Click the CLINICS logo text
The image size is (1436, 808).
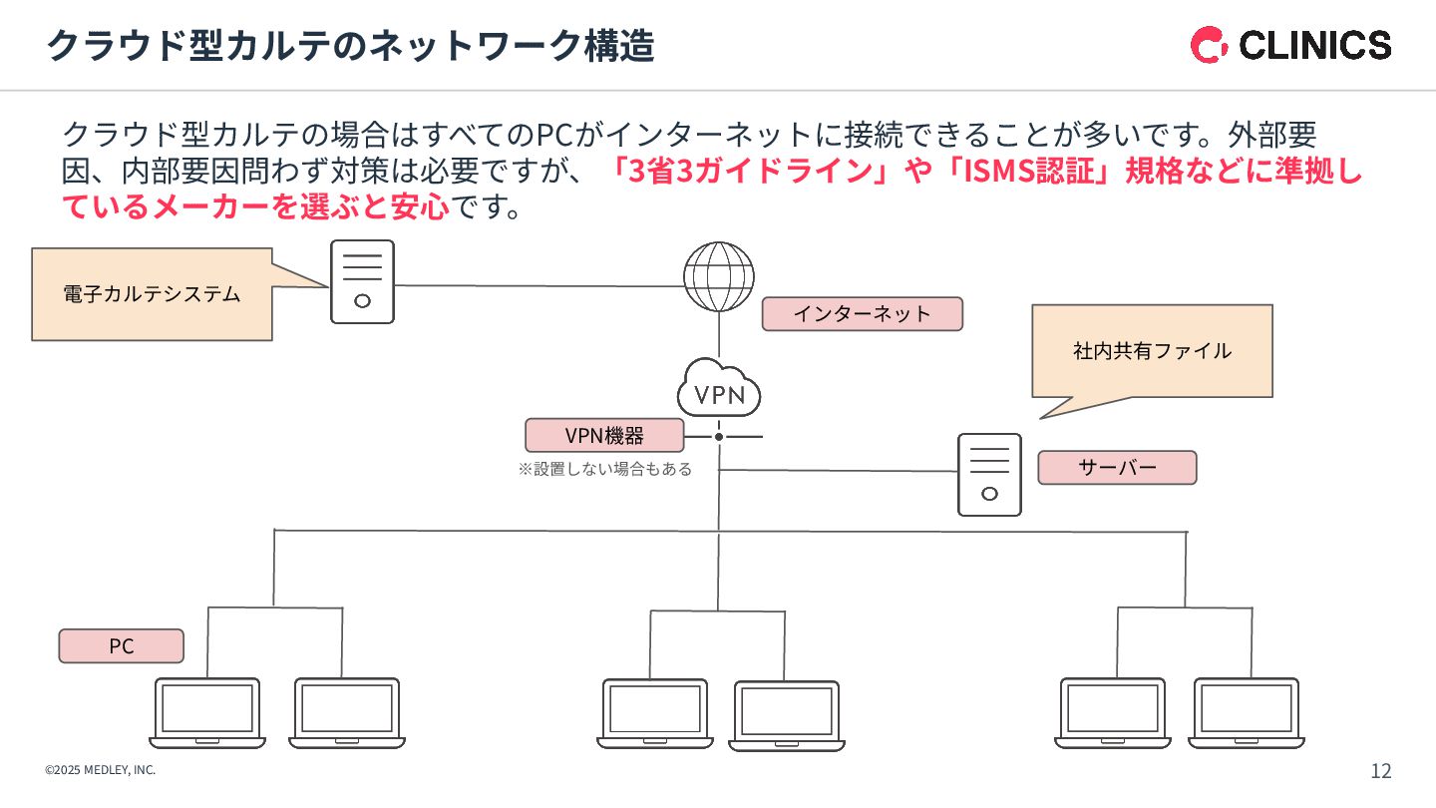point(1313,45)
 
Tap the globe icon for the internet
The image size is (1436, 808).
point(718,275)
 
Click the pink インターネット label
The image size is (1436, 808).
point(862,314)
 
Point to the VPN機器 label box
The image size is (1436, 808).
point(604,436)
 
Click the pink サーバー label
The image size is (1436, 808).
point(1116,468)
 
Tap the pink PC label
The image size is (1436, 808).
point(121,646)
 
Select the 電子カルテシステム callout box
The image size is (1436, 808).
point(152,294)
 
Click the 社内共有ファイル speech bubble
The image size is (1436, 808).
point(1152,351)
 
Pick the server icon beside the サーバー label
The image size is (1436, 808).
point(989,475)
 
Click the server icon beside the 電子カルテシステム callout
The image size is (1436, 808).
point(362,282)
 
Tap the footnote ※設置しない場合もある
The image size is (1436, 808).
point(604,469)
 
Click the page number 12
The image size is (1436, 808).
point(1380,770)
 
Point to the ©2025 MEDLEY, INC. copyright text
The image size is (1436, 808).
point(100,770)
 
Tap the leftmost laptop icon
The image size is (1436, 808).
point(207,712)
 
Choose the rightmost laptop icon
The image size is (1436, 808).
point(1246,712)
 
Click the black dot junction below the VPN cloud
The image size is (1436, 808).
point(718,437)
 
